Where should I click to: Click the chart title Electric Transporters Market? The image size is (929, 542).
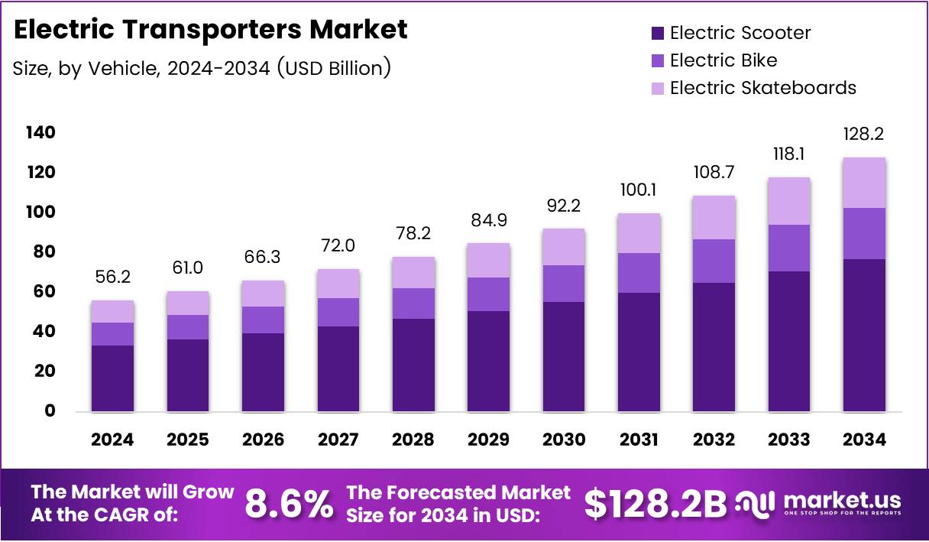coord(210,30)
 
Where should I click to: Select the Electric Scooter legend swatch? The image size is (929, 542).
coord(658,34)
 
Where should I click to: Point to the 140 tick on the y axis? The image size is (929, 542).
coord(40,133)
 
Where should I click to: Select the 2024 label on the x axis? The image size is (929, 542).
coord(112,440)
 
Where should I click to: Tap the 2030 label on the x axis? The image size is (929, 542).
coord(564,440)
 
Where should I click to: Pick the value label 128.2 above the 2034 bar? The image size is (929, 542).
coord(864,135)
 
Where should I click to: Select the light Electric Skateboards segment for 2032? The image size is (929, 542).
coord(714,218)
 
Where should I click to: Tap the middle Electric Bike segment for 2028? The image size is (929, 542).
coord(413,303)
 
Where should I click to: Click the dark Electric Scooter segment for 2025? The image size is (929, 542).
coord(187,375)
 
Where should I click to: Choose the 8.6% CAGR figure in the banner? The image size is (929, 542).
coord(289,504)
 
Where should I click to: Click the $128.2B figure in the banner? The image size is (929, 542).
coord(655,504)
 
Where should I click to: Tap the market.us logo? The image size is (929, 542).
coord(819,504)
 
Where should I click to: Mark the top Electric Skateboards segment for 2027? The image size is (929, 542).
coord(338,284)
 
